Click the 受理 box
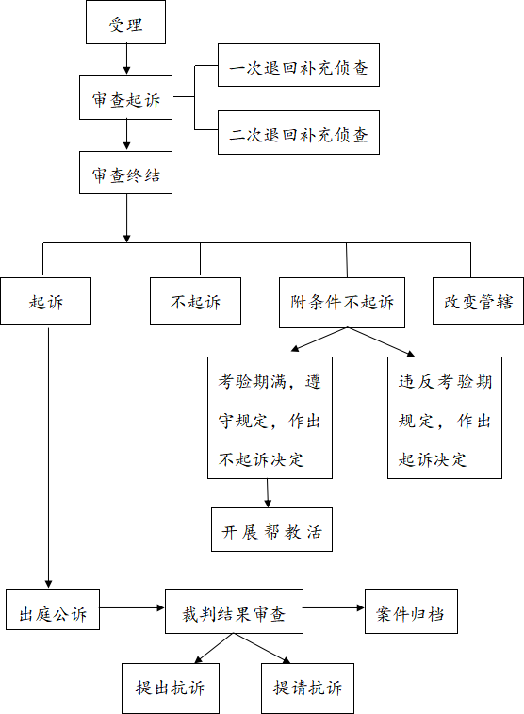(125, 23)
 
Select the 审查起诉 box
(125, 98)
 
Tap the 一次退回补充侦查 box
(299, 65)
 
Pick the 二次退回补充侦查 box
(299, 132)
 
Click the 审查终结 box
(125, 173)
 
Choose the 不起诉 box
(196, 302)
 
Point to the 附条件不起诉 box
(342, 303)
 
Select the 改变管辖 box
(478, 302)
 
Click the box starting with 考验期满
(270, 418)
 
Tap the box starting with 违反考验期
(445, 418)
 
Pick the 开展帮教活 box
(271, 529)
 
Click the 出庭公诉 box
(53, 609)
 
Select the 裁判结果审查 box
(234, 611)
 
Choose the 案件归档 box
(411, 611)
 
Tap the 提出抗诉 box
(171, 688)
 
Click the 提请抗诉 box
(307, 688)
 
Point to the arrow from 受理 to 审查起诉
(126, 59)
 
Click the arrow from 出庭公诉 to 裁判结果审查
(132, 608)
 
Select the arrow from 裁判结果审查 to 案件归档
(334, 608)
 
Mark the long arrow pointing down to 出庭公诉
(48, 457)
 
